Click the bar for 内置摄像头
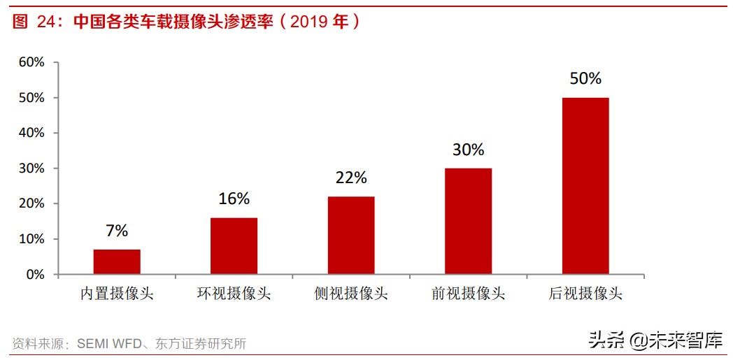[x=117, y=262]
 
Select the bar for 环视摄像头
[x=234, y=246]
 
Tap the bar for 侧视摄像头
[x=351, y=236]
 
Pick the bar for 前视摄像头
[x=468, y=222]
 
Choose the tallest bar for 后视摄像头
[x=585, y=186]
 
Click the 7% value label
[x=117, y=231]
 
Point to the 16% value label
[x=234, y=199]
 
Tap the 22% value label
[x=351, y=178]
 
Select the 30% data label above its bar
[x=468, y=149]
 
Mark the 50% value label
[x=585, y=78]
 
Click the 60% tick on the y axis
[x=31, y=62]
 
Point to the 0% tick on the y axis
[x=36, y=275]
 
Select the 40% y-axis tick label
[x=31, y=133]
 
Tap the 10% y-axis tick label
[x=31, y=239]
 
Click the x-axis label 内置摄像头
[x=117, y=294]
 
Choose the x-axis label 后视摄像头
[x=585, y=294]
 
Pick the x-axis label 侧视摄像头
[x=351, y=294]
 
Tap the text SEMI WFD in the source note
[x=108, y=344]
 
